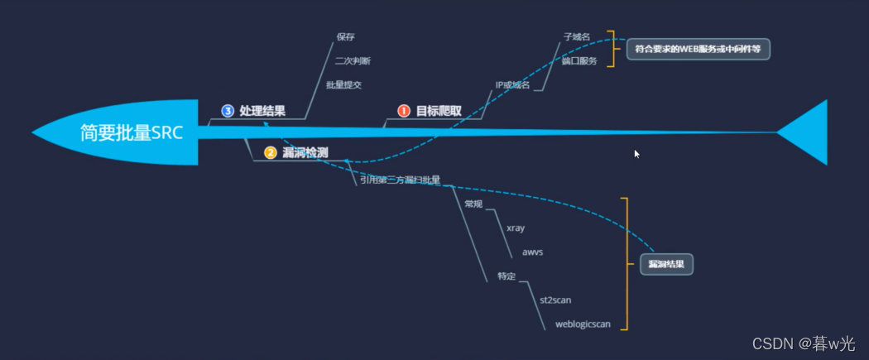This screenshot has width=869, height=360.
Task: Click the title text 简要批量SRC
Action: coord(132,133)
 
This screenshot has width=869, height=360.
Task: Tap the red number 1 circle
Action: coord(404,111)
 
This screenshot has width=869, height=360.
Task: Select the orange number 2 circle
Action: coord(270,152)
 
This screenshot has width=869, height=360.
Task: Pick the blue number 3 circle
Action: coord(228,111)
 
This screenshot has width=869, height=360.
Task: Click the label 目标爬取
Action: coord(439,111)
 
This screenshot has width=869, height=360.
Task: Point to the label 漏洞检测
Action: coord(305,152)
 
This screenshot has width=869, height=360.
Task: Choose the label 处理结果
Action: coord(262,111)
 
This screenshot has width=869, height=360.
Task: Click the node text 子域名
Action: coord(577,37)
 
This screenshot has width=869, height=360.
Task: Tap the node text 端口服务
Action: coord(579,61)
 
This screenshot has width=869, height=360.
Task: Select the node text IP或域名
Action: coord(512,84)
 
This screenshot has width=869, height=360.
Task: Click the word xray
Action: coord(516,228)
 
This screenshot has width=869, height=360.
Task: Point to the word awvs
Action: coord(532,251)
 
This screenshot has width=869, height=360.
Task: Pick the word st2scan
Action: coord(555,300)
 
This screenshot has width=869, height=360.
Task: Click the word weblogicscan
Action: coord(583,324)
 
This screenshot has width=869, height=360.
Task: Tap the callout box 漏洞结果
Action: coord(666,264)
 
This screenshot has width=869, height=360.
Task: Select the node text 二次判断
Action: coord(353,60)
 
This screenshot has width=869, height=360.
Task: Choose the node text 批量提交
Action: coord(343,84)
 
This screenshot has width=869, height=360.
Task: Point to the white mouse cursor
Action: coord(636,154)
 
